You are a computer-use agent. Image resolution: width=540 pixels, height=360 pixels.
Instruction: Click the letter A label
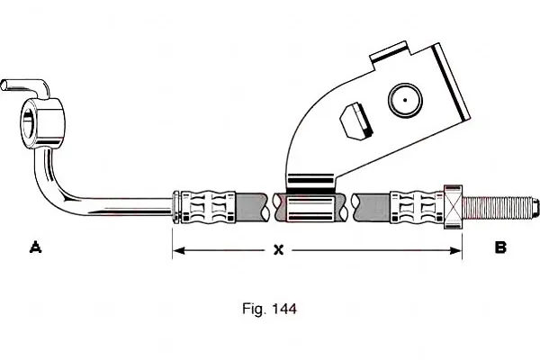tap(35, 247)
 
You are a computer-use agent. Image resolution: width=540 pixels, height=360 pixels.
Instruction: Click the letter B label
tap(500, 247)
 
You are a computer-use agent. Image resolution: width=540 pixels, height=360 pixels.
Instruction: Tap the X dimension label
tap(278, 249)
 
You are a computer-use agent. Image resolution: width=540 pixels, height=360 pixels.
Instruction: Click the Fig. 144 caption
tap(269, 309)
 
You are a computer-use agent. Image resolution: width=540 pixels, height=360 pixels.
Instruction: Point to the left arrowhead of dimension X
tap(178, 250)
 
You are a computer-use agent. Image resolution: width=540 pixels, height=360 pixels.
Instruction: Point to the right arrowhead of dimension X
tap(455, 250)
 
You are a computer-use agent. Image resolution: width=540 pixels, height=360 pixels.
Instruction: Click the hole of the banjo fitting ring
tap(28, 123)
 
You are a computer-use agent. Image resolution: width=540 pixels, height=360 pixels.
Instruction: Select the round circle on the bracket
tap(405, 100)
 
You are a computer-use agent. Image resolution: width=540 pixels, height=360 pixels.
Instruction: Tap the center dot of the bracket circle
tap(405, 100)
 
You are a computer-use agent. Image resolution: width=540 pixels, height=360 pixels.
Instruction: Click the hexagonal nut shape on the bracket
tap(356, 121)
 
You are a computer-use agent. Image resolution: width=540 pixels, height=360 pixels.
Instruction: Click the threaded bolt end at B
tap(499, 207)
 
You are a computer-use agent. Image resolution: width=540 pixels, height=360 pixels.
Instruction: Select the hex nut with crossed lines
tap(453, 207)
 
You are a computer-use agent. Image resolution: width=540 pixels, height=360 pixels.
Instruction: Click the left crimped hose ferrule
tap(204, 207)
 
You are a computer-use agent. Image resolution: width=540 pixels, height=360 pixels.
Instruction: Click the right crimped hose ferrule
tap(417, 207)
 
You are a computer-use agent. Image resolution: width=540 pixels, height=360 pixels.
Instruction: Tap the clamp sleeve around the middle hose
tap(310, 209)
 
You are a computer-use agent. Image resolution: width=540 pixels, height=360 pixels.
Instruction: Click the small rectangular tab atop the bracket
tap(389, 50)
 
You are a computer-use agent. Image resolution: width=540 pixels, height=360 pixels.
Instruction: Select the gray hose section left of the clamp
tap(251, 207)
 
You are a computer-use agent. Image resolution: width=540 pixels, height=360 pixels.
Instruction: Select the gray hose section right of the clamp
tap(371, 207)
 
